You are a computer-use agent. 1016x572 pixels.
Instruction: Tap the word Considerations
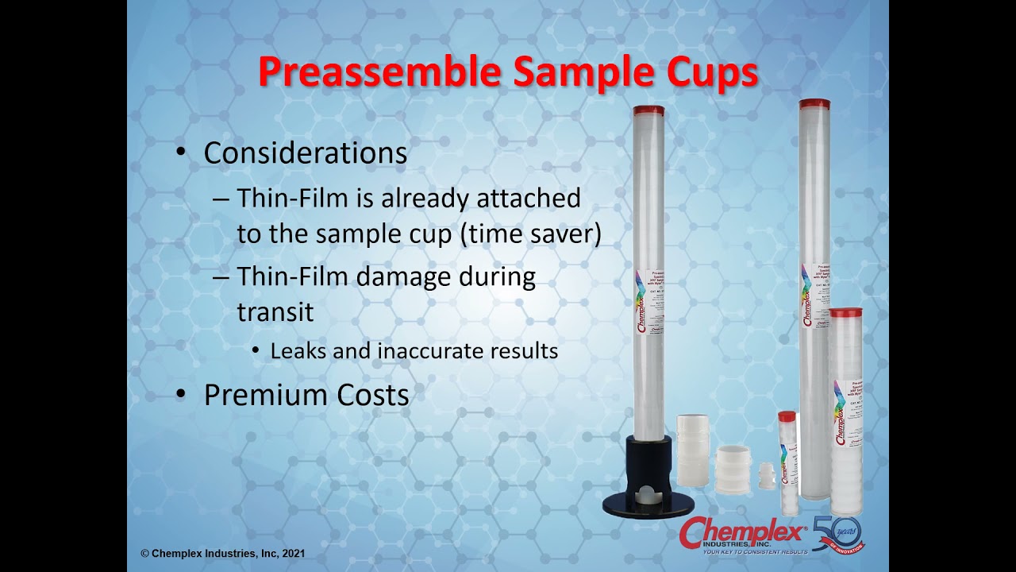[306, 153]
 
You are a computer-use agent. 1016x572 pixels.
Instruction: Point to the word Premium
[261, 395]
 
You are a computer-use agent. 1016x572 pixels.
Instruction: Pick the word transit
[275, 311]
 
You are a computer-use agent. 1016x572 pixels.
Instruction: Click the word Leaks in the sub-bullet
[298, 350]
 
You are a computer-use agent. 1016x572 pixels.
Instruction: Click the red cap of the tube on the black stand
[648, 110]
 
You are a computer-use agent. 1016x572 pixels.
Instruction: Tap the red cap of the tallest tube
[814, 104]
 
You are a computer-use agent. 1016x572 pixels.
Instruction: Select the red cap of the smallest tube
[787, 416]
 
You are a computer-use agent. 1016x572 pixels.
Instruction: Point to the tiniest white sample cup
[766, 476]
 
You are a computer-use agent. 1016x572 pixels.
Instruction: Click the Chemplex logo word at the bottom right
[742, 531]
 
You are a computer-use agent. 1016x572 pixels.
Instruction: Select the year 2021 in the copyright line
[291, 554]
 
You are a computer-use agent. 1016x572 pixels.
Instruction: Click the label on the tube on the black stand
[650, 302]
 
